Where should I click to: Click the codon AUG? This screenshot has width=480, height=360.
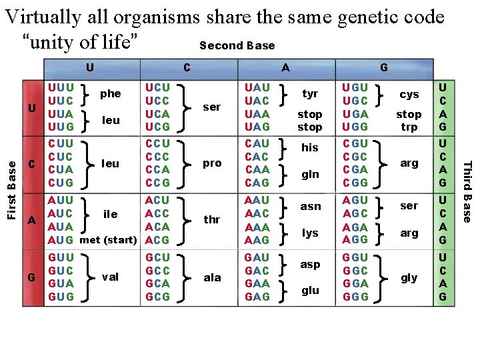pos(61,240)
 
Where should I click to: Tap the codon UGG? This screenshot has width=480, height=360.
pos(355,127)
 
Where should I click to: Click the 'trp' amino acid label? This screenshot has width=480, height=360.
pos(409,127)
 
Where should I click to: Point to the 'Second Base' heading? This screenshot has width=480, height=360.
pos(237,45)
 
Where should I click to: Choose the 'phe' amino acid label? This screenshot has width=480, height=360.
pos(110,93)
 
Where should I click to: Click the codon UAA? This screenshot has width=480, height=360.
pos(257,113)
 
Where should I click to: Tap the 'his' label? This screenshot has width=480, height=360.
pos(310,147)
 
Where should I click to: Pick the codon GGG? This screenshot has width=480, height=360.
pos(355,297)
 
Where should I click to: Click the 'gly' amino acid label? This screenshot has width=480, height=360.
pos(409,277)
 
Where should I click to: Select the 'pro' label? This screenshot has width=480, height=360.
pos(212,163)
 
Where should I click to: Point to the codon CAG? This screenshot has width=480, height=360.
pos(257,183)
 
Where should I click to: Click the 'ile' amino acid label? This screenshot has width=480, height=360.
pos(110,214)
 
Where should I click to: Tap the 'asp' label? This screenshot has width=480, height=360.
pos(310,264)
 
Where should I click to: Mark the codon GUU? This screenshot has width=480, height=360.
pos(61,257)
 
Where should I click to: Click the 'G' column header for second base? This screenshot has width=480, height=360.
pos(383,67)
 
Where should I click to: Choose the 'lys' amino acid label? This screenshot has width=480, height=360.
pos(310,233)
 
